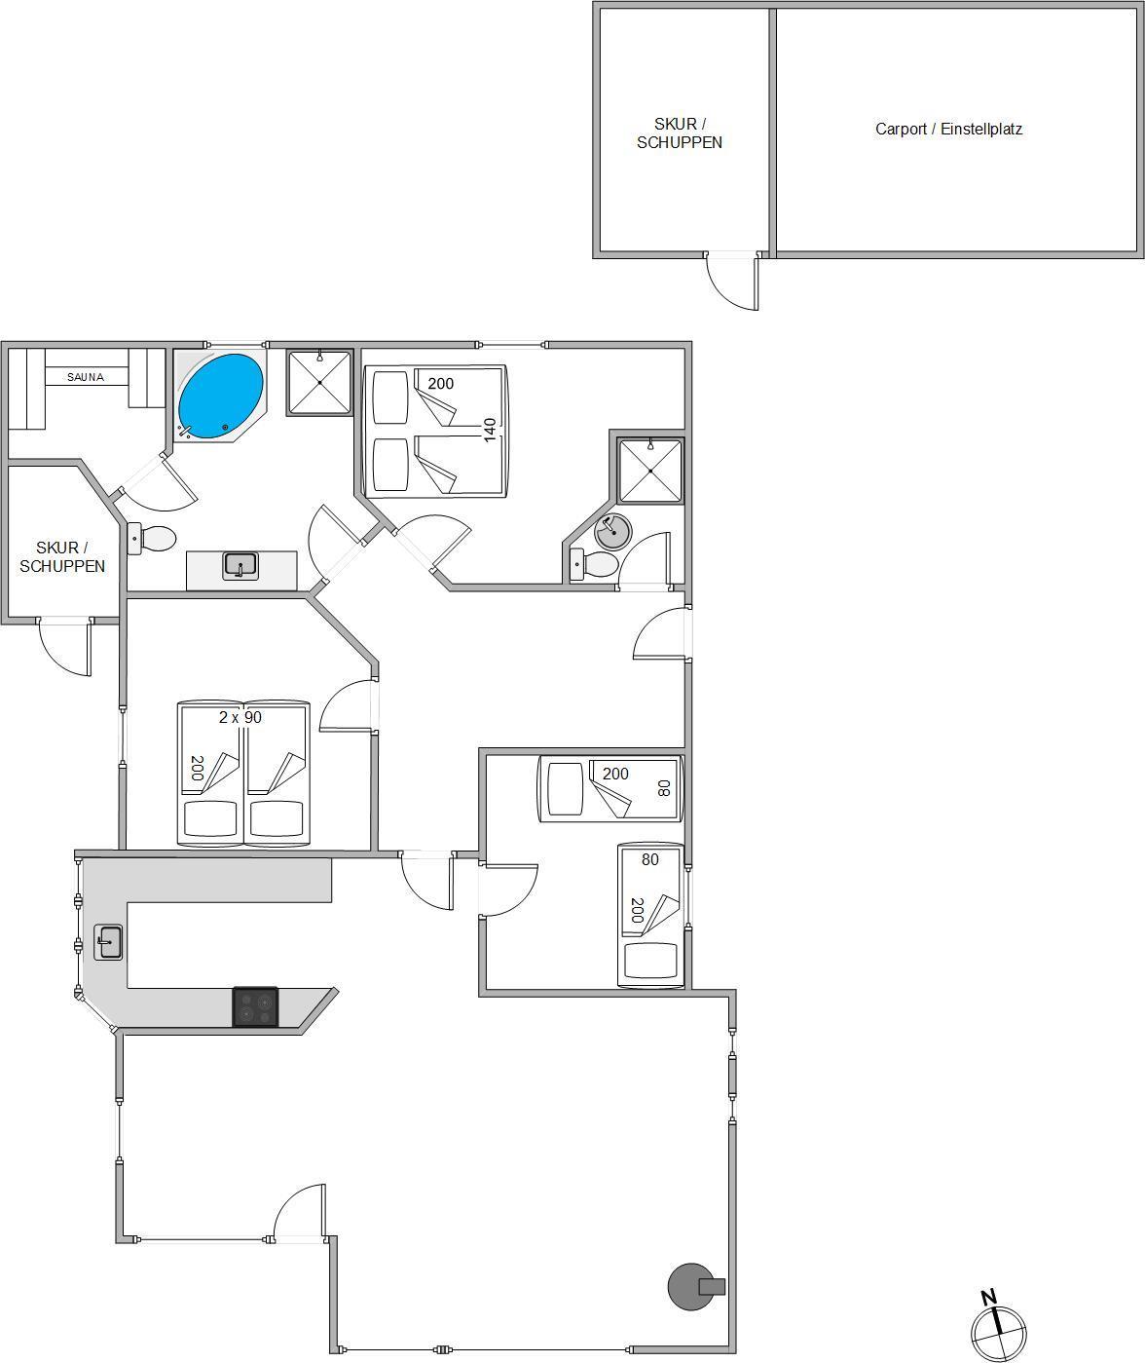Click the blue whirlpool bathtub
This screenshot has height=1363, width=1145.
220,397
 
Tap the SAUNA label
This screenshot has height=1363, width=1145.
86,377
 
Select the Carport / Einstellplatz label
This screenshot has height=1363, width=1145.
948,130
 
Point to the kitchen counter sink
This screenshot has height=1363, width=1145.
108,942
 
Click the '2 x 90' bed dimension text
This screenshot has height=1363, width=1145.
240,717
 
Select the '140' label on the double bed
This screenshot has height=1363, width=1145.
490,430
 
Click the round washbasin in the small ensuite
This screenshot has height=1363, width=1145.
613,531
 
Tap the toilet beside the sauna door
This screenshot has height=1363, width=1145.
151,539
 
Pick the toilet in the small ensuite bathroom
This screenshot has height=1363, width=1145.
593,565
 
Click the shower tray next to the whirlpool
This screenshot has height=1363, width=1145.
319,383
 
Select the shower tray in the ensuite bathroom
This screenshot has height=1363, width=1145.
650,472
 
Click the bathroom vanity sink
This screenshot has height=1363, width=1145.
240,565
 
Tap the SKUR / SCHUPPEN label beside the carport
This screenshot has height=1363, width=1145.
680,133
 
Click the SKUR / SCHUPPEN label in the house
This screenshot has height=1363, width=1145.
62,557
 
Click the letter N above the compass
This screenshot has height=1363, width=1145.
989,1296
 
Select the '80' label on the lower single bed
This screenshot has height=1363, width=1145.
649,859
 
